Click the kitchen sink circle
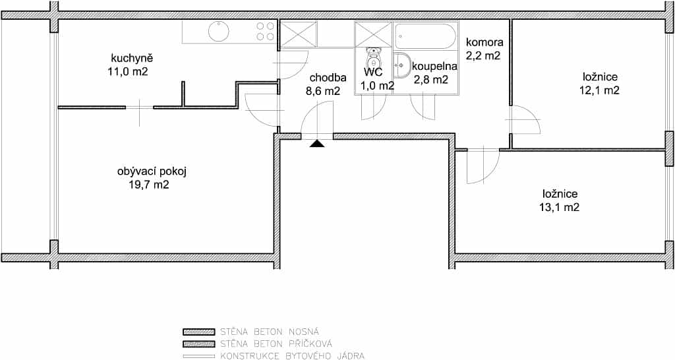pos(219,31)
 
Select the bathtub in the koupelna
pos(425,36)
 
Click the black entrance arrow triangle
pos(317,144)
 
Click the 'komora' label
pos(484,43)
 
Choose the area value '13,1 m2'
pos(559,208)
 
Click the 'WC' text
pos(373,72)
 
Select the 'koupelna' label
pos(434,67)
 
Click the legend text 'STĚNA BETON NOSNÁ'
pos(270,332)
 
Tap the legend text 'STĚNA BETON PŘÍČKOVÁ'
pos(276,344)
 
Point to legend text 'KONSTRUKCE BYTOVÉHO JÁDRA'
pos(292,356)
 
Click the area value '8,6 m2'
pos(325,91)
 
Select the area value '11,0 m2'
pos(129,71)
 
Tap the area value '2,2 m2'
pos(483,55)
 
